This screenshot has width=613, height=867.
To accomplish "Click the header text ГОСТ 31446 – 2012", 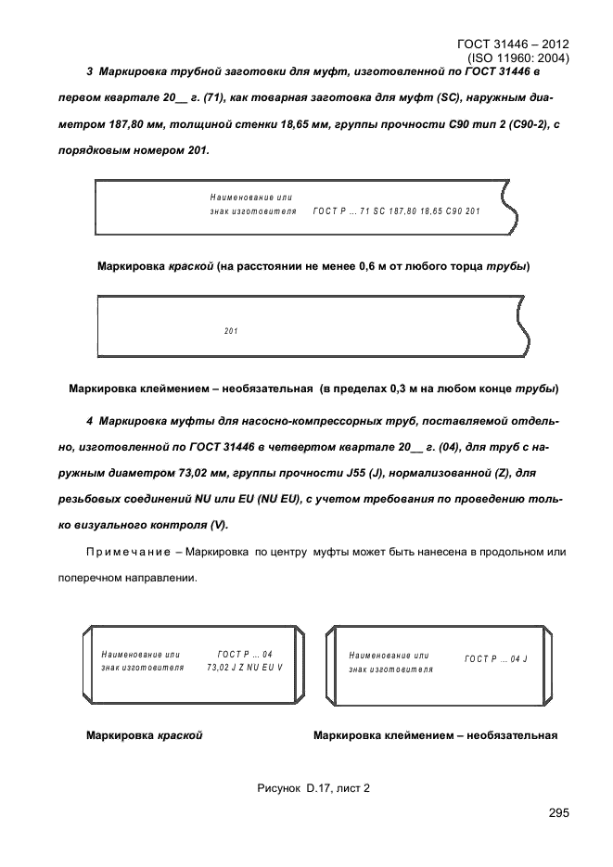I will [514, 44].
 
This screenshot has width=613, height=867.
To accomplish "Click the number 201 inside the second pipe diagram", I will [232, 331].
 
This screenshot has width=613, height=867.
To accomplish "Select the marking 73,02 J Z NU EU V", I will [245, 668].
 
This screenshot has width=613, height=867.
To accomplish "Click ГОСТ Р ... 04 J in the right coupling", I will [496, 659].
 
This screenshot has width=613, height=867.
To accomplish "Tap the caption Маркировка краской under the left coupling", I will [144, 736].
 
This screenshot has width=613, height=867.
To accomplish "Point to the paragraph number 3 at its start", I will [88, 71].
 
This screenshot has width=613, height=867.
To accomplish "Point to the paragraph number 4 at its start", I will [88, 422].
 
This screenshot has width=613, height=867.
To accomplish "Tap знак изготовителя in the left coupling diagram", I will [142, 668].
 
